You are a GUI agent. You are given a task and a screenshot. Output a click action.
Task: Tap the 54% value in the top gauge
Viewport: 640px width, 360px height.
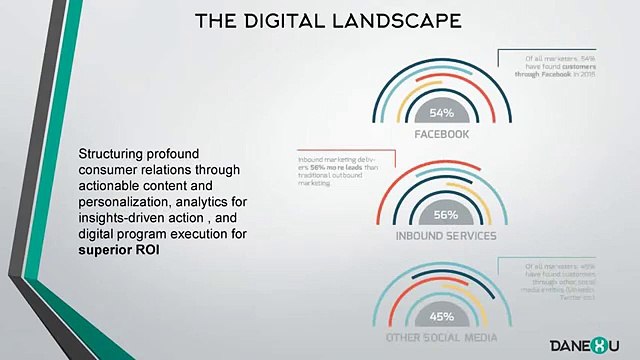[x=443, y=113]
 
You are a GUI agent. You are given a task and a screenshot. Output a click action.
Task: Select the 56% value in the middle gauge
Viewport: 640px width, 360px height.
[x=445, y=215]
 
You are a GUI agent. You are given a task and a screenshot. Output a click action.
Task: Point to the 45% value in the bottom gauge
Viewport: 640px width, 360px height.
[x=442, y=317]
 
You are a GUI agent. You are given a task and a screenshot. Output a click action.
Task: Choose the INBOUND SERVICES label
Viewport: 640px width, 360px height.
[x=445, y=236]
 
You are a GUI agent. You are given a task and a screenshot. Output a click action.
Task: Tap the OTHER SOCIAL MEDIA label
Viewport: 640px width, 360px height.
[x=442, y=337]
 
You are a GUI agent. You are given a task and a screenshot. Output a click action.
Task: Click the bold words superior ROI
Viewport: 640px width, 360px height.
[x=121, y=249]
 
